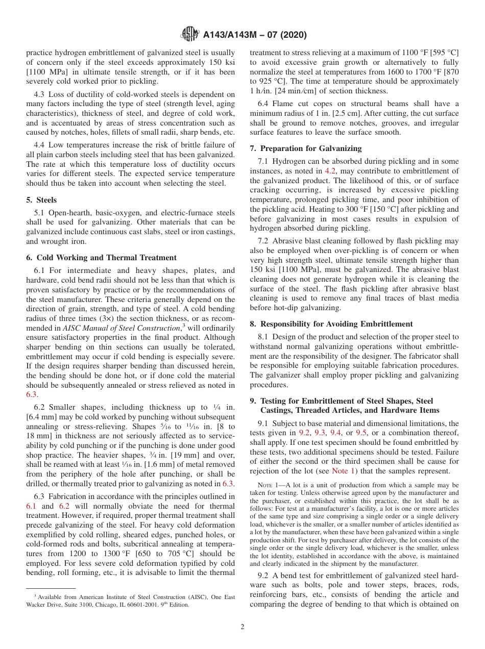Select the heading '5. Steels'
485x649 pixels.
point(41,200)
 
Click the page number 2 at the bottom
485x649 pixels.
point(242,627)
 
